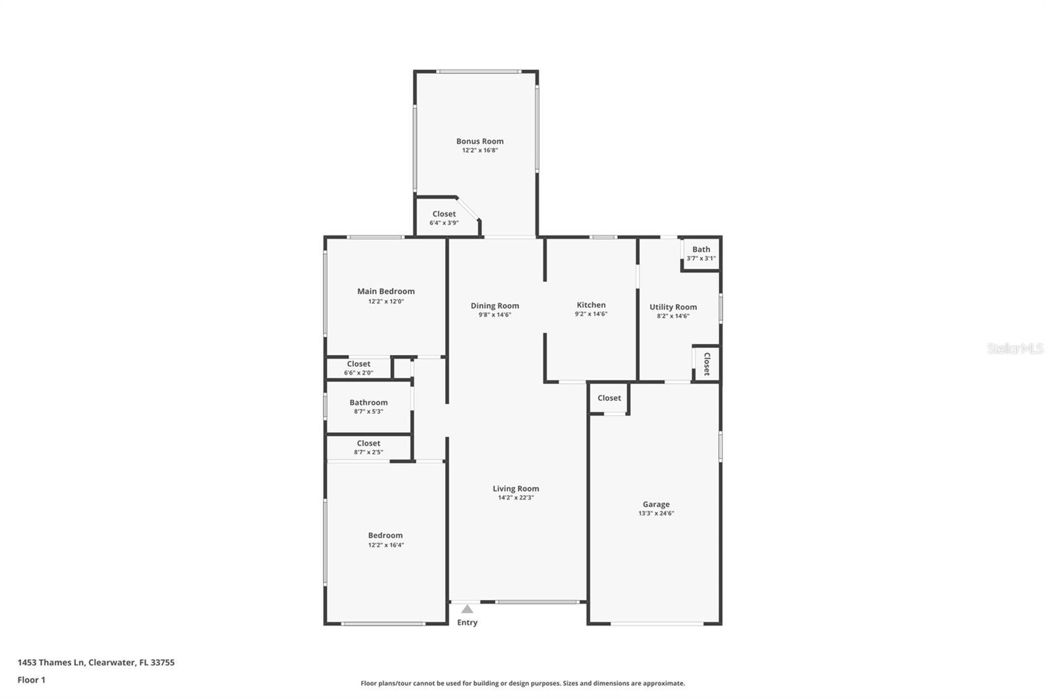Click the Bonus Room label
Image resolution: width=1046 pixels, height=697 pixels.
pos(480,141)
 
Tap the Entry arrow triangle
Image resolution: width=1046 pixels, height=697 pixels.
pos(467,609)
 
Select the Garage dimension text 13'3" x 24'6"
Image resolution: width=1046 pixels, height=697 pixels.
pos(656,514)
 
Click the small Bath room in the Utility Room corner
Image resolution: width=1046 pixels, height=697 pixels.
pos(701,253)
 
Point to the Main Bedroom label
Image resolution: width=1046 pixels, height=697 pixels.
pos(386,292)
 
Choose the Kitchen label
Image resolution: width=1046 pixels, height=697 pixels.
pos(591,305)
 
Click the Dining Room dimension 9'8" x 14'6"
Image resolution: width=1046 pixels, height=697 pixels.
pos(495,315)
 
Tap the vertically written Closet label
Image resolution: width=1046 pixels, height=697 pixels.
pos(707,364)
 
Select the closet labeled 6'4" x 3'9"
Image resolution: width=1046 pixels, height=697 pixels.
pos(444,218)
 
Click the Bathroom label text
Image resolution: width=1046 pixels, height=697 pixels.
pos(368,403)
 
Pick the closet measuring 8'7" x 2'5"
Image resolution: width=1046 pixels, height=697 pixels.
pos(368,447)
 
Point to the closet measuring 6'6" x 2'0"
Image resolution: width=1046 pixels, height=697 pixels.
pos(358,368)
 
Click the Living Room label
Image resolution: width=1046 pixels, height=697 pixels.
pos(516,488)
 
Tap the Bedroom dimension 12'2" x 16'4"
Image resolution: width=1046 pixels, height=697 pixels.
pos(386,545)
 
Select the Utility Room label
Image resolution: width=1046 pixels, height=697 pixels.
pos(673,307)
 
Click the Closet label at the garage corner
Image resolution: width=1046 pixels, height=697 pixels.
pos(609,398)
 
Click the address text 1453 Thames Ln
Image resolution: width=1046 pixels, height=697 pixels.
pos(52,662)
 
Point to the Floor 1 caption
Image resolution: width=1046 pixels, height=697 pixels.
pos(31,680)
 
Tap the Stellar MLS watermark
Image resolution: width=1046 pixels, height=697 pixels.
pos(1015,349)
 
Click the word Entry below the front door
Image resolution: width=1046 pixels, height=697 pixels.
pos(467,622)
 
